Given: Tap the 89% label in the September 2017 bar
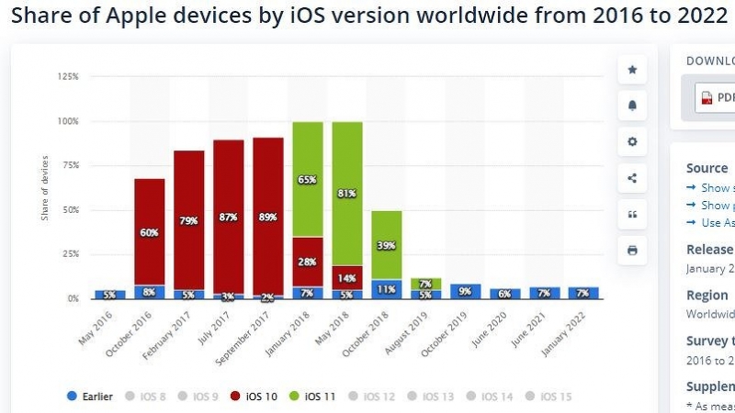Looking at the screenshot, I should (268, 218).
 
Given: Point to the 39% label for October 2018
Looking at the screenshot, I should (386, 245).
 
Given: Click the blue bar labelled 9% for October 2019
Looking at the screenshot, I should (465, 292).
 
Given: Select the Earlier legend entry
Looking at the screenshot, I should (89, 396).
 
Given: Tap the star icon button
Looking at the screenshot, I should (632, 70).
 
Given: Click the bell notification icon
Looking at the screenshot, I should (632, 106).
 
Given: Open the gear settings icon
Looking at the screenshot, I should (632, 142).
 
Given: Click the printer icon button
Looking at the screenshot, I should (632, 250).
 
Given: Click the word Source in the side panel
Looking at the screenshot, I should (707, 168).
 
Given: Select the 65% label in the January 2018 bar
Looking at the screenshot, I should (307, 180).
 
